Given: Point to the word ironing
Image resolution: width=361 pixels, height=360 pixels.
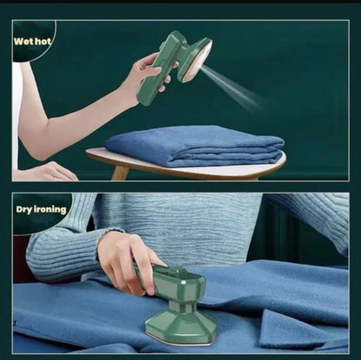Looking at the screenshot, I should (x=50, y=209).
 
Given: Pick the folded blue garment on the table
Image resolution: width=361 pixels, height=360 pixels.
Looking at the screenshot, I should (x=195, y=145).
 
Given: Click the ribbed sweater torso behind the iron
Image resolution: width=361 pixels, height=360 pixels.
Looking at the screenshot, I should (x=200, y=226).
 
